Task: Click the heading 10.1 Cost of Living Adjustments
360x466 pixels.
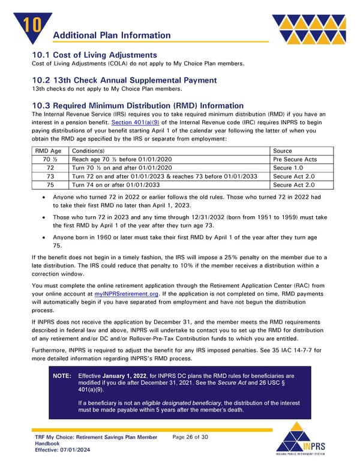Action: coord(94,55)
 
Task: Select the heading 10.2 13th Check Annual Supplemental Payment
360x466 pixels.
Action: coord(124,80)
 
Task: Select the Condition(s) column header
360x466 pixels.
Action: coord(88,150)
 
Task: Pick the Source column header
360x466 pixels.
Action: coord(282,150)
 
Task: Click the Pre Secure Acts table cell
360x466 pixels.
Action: coord(294,159)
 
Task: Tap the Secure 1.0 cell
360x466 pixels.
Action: coord(287,168)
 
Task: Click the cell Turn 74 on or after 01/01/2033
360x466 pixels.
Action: coord(114,186)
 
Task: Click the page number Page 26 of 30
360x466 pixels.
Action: coord(190,437)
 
